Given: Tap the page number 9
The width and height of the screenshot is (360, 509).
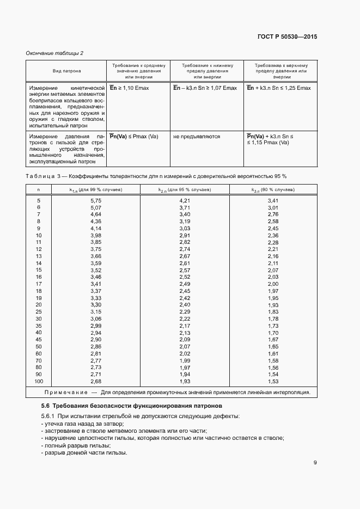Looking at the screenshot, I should point(315,463).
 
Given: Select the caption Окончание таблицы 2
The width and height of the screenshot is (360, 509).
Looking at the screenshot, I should point(54,53).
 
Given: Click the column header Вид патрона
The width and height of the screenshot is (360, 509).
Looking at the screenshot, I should point(67,71).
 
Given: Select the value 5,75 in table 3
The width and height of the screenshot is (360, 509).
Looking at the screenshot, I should point(96,201).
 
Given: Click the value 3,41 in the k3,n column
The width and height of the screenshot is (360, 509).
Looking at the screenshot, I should point(273,201).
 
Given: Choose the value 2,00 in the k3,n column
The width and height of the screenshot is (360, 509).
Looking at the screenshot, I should point(273,284).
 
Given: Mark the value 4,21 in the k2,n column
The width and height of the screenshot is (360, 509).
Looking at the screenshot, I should point(185,201).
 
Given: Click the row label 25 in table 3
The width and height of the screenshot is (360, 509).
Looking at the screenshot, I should point(39,311).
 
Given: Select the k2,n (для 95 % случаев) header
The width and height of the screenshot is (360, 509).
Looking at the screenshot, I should point(185,189).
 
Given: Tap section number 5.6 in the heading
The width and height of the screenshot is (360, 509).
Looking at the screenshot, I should point(46,406).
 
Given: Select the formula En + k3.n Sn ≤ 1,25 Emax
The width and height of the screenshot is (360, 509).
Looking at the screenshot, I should point(279,88).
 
